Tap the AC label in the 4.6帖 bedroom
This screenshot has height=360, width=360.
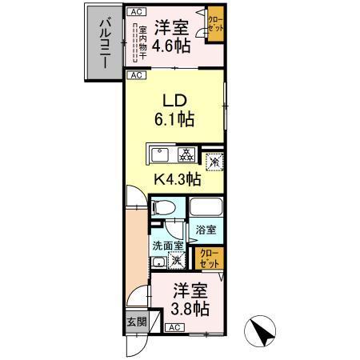point(137,13)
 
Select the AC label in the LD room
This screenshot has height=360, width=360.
point(137,76)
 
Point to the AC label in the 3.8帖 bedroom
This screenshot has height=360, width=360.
point(174,328)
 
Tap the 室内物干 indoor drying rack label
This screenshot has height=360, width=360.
point(138,45)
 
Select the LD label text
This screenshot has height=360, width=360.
point(174,102)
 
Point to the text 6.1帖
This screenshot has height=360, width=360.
point(176,121)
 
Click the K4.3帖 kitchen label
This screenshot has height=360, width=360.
point(177,179)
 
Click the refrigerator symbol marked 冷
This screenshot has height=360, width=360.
point(214,161)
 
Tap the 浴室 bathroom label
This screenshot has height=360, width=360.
point(206,230)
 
